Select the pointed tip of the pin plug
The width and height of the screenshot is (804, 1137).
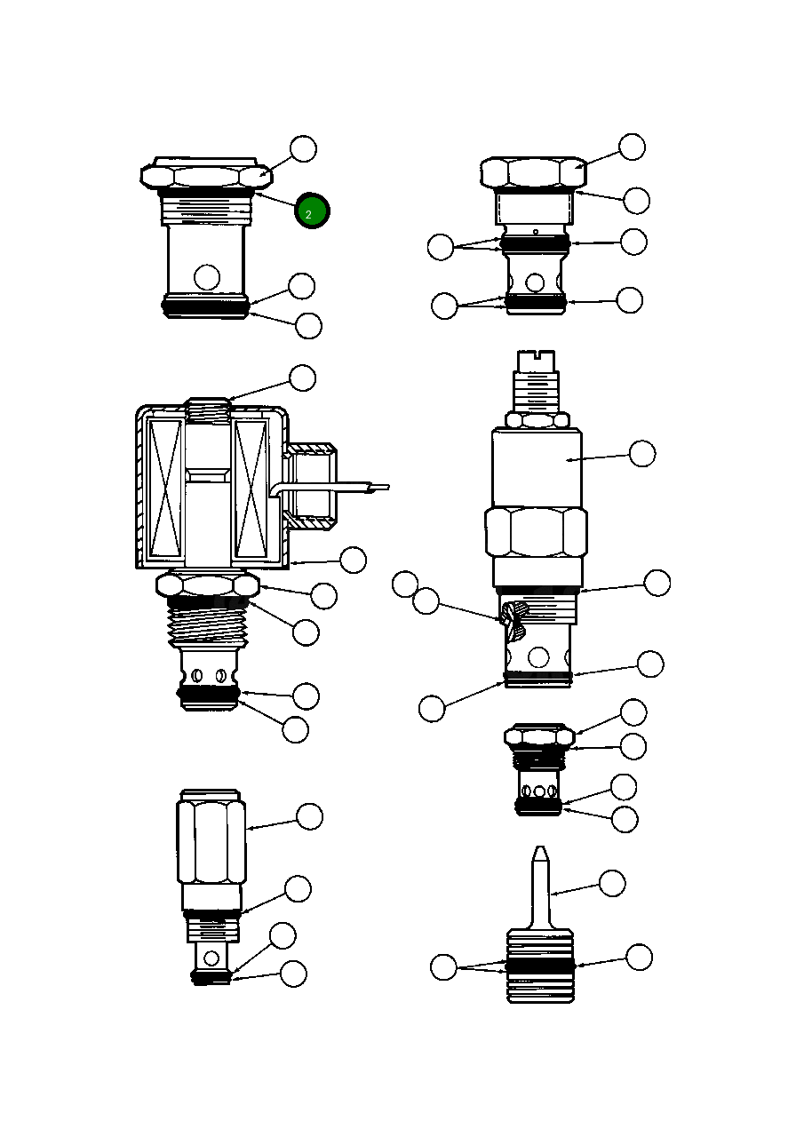point(539,855)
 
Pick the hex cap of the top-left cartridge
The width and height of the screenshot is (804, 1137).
point(205,175)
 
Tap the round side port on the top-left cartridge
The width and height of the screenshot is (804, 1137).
point(207,277)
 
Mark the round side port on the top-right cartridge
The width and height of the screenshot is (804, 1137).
point(535,282)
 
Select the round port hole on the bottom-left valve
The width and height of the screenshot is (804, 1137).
point(211,958)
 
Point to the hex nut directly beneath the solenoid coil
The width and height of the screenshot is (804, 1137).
point(208,584)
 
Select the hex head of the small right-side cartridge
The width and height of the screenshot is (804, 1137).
point(538,736)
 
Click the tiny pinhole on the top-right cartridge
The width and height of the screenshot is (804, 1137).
point(535,233)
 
